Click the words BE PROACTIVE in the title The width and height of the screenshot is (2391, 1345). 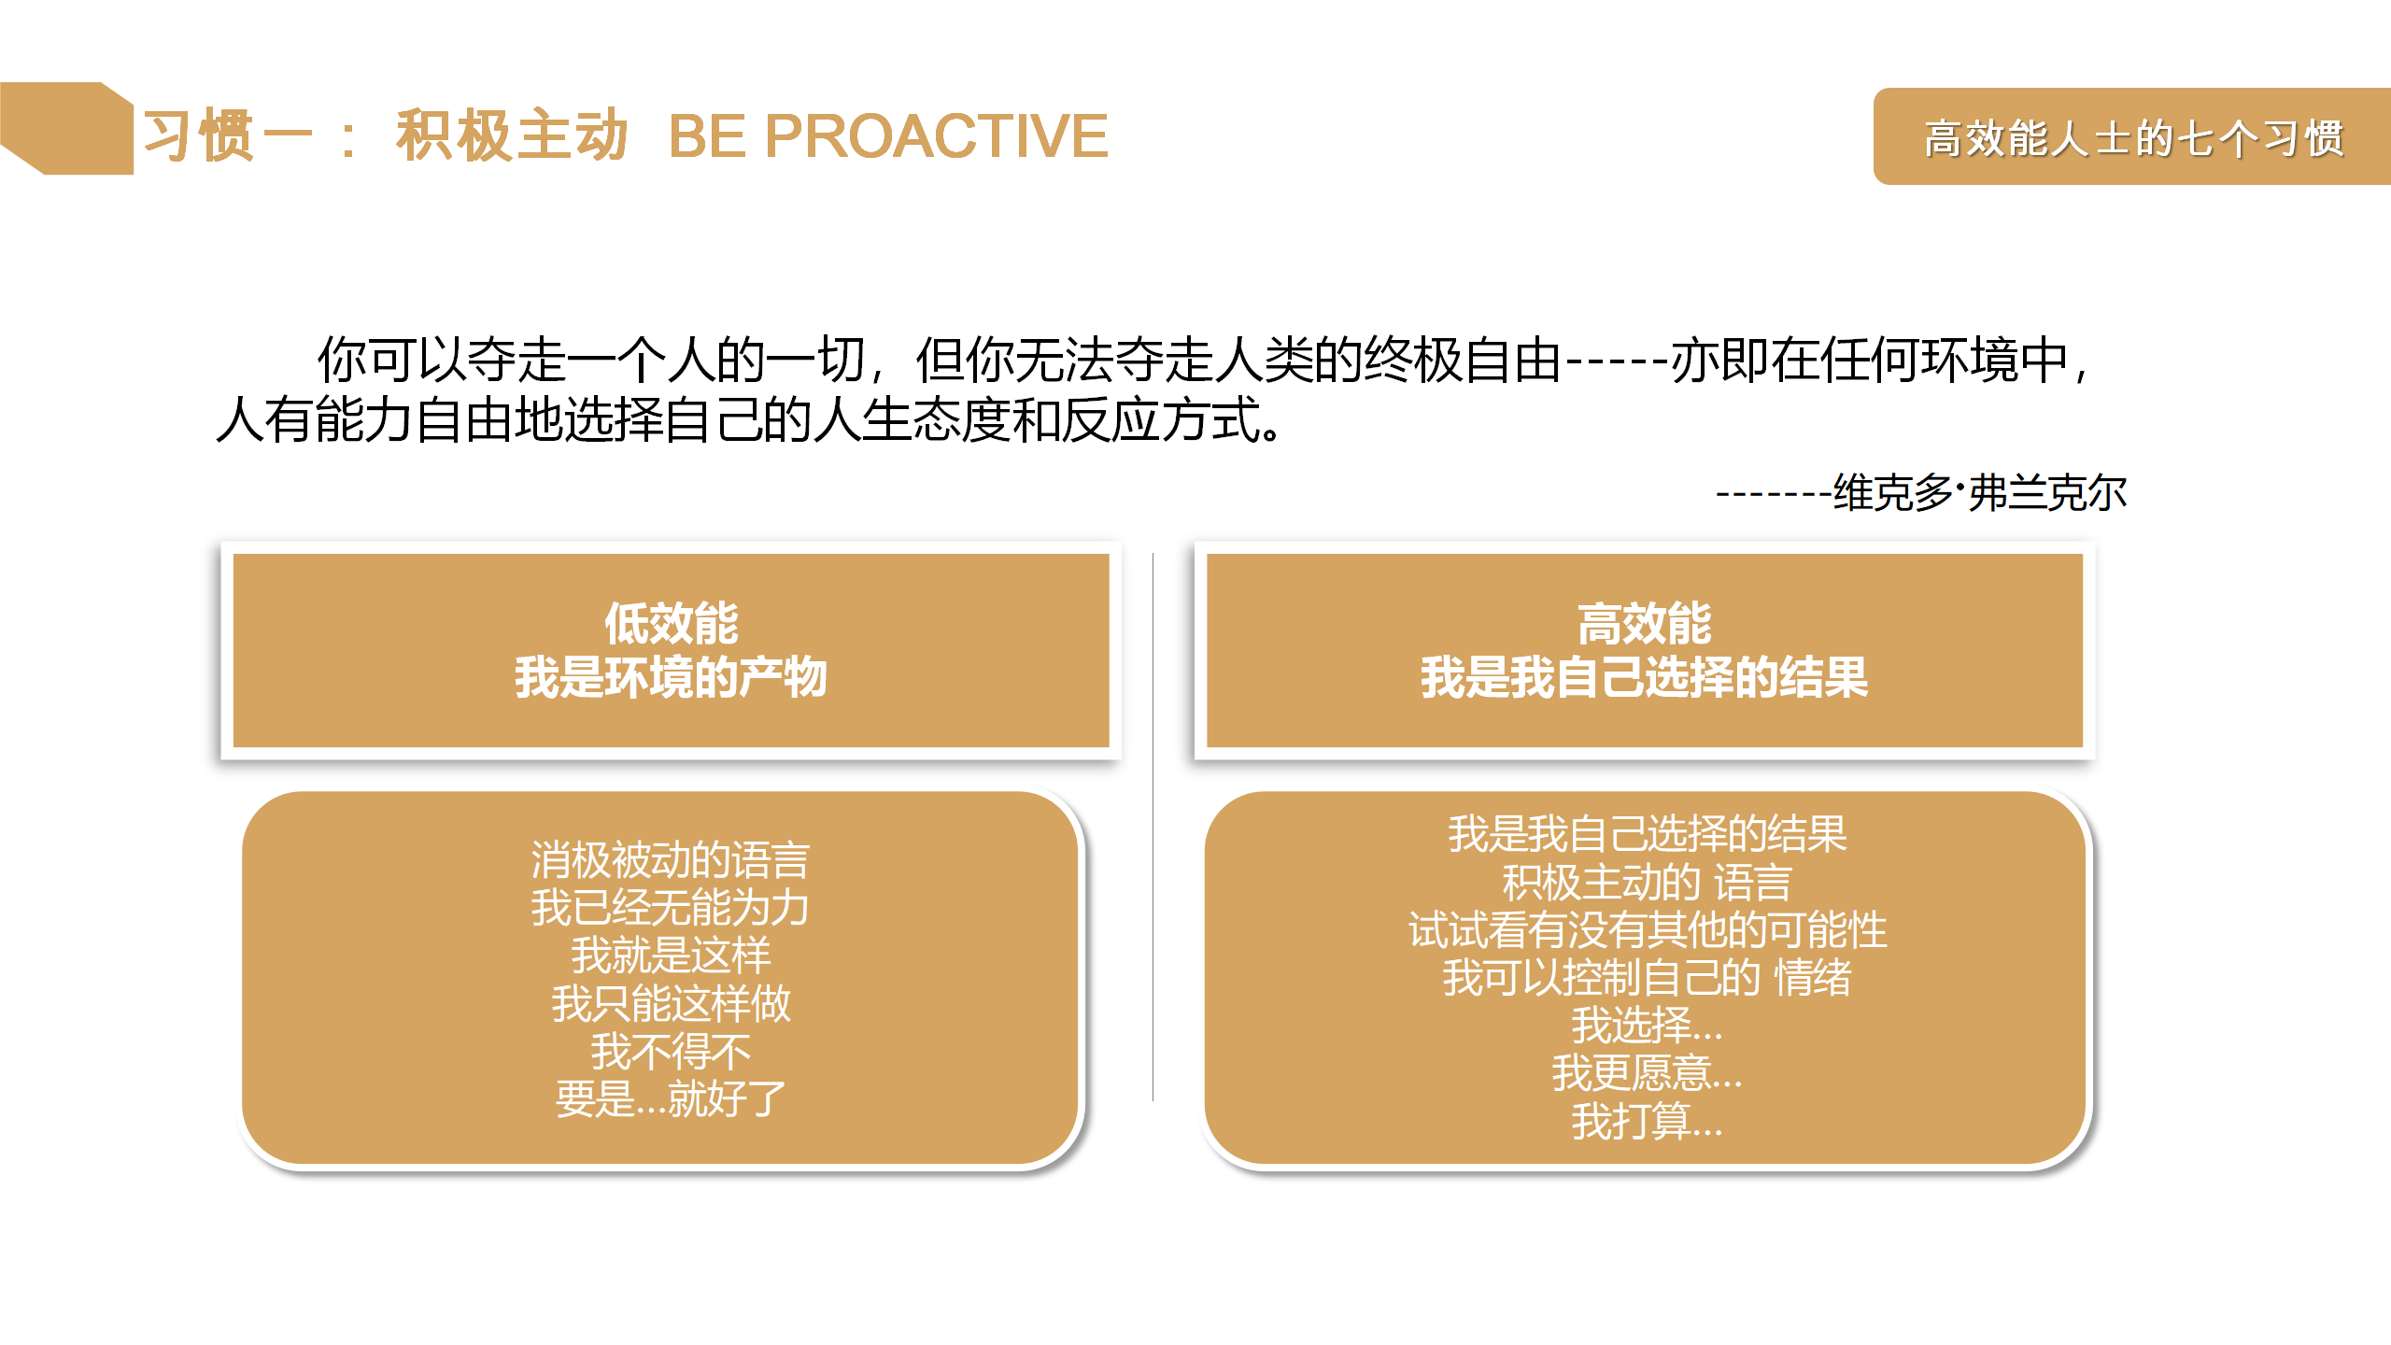(x=888, y=136)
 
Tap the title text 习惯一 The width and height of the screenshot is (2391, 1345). (x=228, y=136)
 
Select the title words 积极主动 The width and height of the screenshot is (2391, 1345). (x=511, y=136)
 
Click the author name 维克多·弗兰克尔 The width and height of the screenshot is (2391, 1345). (x=1980, y=492)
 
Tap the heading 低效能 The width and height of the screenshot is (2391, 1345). (x=671, y=623)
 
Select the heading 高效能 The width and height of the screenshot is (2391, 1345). (x=1645, y=623)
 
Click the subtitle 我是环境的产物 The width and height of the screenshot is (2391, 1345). (x=671, y=677)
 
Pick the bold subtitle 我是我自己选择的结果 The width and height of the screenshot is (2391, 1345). (x=1645, y=677)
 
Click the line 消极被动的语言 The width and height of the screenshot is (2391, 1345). (x=671, y=859)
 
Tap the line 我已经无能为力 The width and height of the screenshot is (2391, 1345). (x=671, y=907)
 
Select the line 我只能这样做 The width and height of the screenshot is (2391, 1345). (x=671, y=1003)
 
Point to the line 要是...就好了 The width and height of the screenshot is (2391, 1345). (x=671, y=1098)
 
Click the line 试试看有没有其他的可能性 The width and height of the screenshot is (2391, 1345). (x=1648, y=929)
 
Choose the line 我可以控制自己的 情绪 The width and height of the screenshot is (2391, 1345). (x=1648, y=977)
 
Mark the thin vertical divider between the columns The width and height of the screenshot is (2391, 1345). (x=1153, y=827)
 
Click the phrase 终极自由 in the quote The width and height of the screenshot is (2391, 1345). (x=1463, y=360)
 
